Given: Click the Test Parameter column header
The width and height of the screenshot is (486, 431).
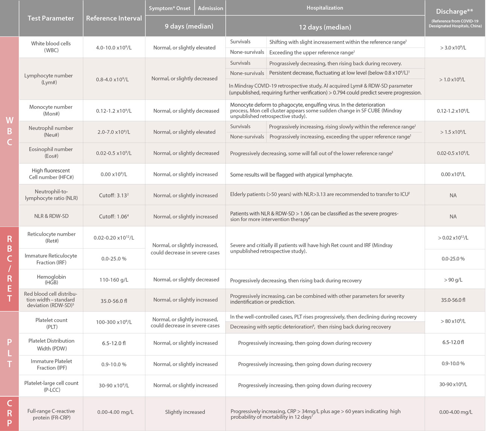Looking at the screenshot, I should pos(51,18).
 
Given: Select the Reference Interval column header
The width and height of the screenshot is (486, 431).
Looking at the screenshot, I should pos(114,18).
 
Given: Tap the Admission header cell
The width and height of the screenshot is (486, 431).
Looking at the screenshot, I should pos(210,8).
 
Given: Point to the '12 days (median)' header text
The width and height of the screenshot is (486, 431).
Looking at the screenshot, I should pos(325,27).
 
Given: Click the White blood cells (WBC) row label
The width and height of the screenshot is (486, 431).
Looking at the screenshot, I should pos(51,47).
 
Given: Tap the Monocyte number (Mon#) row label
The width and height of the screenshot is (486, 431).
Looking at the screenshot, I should pos(51,110).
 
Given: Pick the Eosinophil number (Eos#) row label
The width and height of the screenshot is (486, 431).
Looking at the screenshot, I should pos(51,152).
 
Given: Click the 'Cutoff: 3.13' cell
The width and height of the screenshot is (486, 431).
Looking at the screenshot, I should pos(114,195).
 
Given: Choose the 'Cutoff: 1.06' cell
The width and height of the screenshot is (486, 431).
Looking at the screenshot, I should pos(114,216).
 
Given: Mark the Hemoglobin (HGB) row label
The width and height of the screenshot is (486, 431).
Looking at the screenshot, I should pos(51,279).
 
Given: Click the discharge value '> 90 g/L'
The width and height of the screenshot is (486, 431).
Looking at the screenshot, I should pos(453,280).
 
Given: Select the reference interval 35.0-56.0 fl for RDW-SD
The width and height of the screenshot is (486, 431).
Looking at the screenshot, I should pos(114,301).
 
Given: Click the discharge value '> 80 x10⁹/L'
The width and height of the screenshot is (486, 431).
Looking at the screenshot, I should pos(453,321).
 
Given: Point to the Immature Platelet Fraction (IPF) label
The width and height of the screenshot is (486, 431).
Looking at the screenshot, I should pos(51,364).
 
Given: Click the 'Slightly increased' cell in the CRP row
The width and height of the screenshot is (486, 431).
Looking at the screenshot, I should pos(185,412).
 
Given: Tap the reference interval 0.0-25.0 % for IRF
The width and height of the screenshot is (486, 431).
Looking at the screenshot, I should pos(114,259).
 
